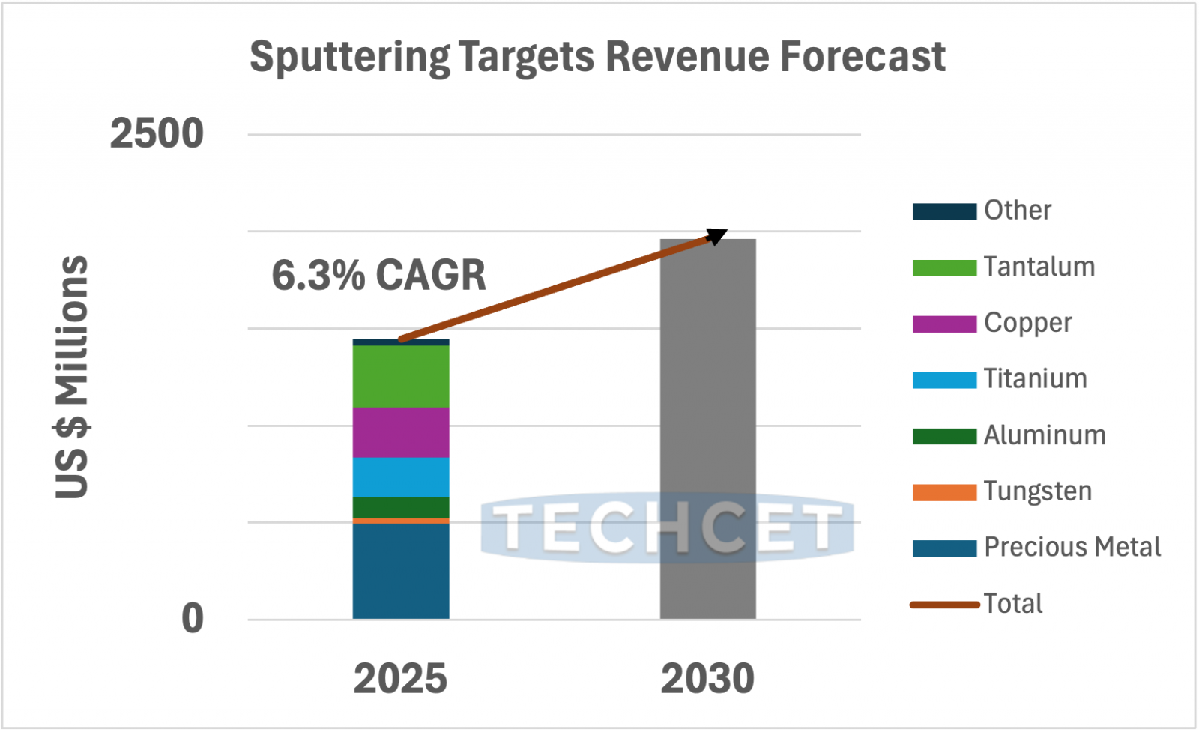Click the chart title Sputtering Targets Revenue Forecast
point(597,57)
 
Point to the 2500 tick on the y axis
point(157,134)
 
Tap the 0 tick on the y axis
point(193,619)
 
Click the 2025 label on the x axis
point(400,679)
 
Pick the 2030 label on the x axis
point(707,679)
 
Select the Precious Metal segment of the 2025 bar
point(401,571)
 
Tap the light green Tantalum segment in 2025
point(401,376)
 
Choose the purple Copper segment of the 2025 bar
point(401,432)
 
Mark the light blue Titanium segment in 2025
point(401,477)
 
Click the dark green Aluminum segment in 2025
point(401,507)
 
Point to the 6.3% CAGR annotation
point(378,275)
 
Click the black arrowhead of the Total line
point(717,236)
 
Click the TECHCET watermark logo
point(667,527)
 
